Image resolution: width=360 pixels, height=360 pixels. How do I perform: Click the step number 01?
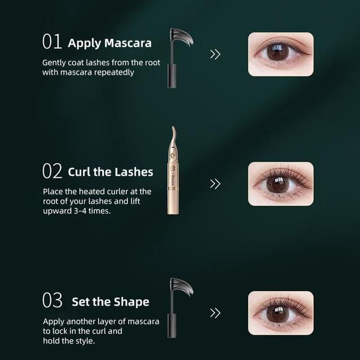tap(52, 42)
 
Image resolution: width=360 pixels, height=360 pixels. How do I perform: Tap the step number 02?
tap(52, 171)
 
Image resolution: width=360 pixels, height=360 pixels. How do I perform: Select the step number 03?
tap(52, 300)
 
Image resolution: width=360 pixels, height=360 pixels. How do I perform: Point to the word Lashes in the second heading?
tap(134, 172)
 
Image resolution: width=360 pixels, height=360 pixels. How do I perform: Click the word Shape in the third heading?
tap(132, 301)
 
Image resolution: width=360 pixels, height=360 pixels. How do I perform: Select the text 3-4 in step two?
tap(80, 211)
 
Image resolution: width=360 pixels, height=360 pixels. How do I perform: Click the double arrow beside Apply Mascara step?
tap(215, 54)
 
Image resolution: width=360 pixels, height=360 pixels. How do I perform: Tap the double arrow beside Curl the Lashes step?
tap(215, 184)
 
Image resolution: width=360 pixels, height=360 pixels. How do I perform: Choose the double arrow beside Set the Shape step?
tap(215, 313)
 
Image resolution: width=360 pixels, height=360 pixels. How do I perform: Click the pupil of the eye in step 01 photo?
tap(277, 52)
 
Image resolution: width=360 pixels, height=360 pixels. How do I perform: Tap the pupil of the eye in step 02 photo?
tap(277, 184)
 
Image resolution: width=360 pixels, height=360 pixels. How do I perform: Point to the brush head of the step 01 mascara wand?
tap(181, 37)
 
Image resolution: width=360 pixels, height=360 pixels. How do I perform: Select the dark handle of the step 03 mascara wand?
tap(171, 326)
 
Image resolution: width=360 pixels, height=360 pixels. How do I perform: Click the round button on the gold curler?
tap(172, 157)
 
